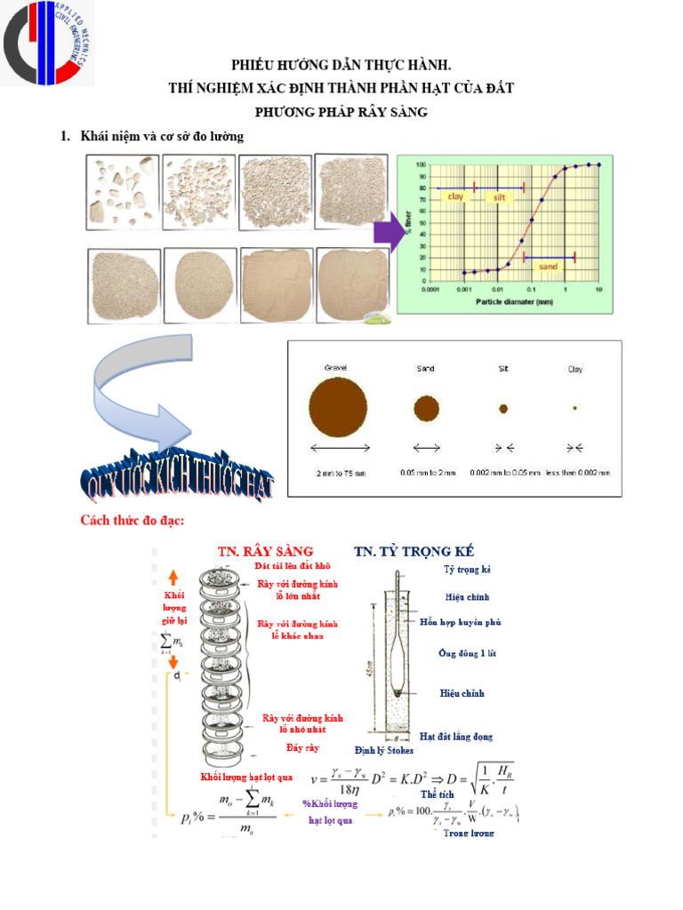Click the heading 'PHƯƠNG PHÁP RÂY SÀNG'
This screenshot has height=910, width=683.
pos(341,112)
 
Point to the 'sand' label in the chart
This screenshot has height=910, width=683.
pos(549,266)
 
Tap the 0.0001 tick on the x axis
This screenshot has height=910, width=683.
pos(431,290)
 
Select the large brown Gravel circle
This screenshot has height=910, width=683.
pos(335,408)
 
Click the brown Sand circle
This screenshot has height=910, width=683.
pos(426,408)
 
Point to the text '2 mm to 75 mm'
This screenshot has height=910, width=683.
pos(341,473)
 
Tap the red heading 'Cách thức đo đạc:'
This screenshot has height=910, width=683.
pos(133,520)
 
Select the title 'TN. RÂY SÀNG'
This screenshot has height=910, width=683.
pos(264,551)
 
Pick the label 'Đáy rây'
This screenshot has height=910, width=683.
pos(302,747)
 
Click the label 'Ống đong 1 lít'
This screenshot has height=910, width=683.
pos(467,653)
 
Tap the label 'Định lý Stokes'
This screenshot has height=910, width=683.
pos(384,751)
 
